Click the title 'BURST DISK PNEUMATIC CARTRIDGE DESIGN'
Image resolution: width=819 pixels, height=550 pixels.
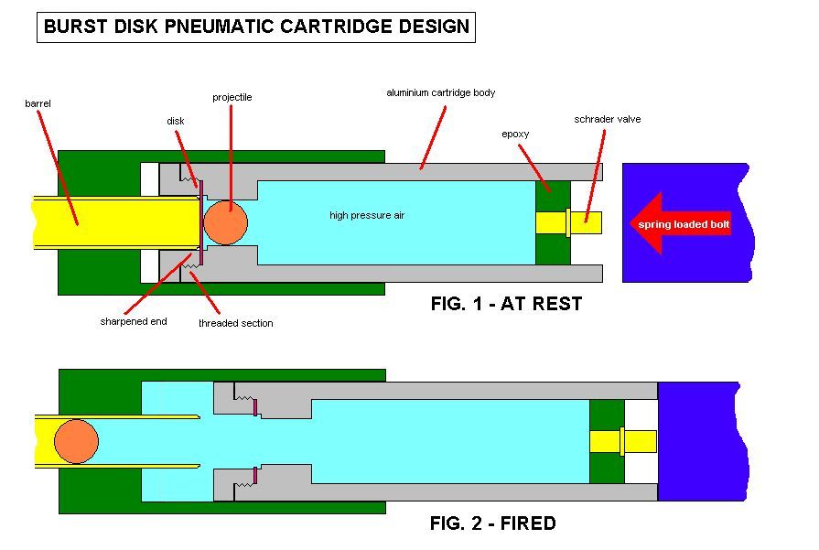point(257,27)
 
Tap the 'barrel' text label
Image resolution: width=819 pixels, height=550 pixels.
point(38,104)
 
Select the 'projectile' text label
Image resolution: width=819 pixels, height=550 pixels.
point(232,97)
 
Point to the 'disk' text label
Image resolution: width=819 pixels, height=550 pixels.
point(176,121)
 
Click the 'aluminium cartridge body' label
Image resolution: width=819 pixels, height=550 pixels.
point(440,93)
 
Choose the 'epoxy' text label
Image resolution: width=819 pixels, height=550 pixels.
point(515,134)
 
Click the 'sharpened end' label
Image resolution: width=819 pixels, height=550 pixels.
point(134,321)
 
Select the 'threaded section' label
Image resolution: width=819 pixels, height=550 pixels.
point(235,323)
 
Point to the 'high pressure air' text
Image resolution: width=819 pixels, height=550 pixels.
point(367,216)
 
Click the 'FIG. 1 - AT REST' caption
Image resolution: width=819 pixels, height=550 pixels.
point(506,305)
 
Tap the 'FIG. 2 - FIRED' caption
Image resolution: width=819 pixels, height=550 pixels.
point(492,524)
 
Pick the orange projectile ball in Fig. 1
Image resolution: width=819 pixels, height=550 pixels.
point(225,223)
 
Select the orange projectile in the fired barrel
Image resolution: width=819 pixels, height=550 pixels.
point(76,442)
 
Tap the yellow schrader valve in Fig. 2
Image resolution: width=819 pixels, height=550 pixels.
point(622,441)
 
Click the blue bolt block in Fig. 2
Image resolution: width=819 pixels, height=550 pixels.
point(705,441)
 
